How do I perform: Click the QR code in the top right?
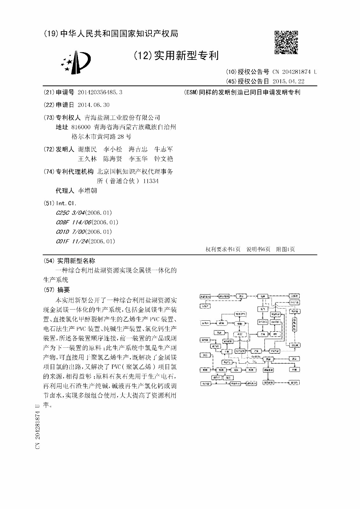click(286, 42)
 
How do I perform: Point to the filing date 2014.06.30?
click(94, 105)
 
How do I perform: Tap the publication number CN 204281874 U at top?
click(294, 72)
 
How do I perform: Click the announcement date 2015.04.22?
click(288, 81)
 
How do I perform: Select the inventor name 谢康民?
click(87, 149)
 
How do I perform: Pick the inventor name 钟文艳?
click(163, 159)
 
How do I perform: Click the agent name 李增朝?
click(87, 191)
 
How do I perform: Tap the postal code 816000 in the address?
click(81, 127)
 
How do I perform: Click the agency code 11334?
click(151, 181)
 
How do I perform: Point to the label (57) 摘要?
click(57, 290)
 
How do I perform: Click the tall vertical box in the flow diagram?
click(295, 324)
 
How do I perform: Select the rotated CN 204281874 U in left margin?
click(38, 426)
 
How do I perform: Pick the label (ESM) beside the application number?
click(191, 92)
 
